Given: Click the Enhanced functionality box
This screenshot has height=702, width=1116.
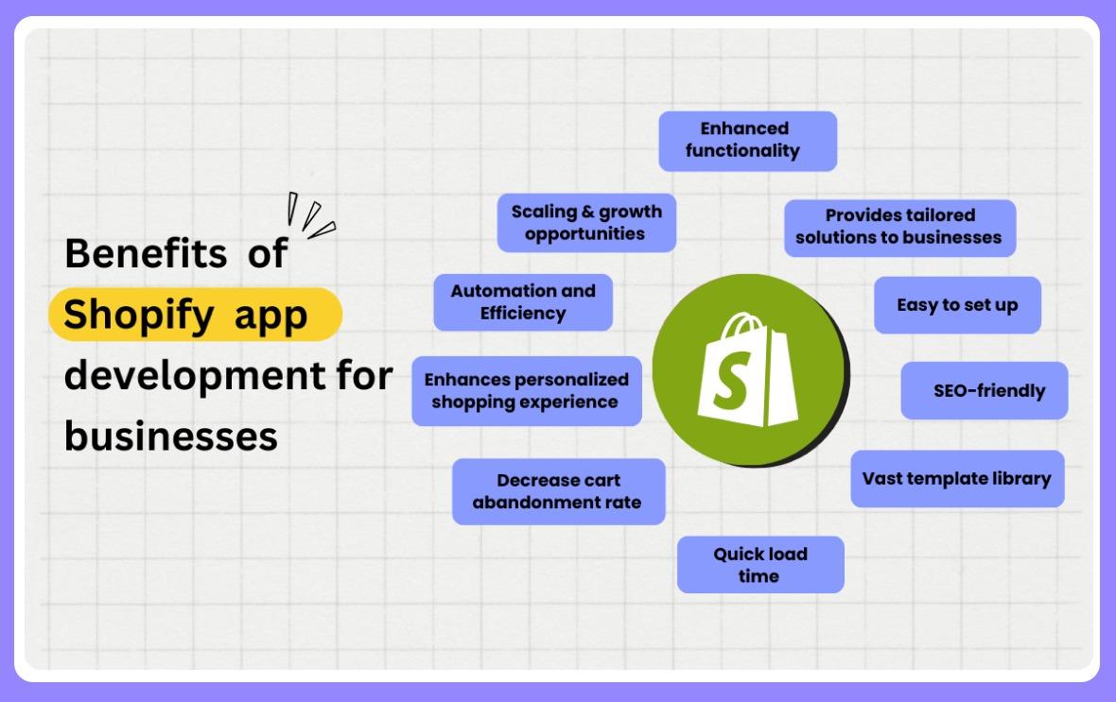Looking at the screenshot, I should [747, 140].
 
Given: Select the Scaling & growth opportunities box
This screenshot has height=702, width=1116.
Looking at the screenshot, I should [586, 222].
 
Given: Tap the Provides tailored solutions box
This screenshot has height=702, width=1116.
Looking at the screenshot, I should [898, 227].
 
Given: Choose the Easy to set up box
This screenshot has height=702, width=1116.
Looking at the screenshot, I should [957, 305].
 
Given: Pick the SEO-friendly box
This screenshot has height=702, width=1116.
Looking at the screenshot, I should [984, 390].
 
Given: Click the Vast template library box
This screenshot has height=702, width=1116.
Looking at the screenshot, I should [956, 478].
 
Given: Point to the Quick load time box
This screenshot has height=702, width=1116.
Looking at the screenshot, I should [759, 564].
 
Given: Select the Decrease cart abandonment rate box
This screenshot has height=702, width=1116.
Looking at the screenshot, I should [557, 491].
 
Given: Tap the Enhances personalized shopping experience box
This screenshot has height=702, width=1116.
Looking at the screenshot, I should [527, 390].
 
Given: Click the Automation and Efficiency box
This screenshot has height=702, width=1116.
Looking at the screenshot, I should [523, 301].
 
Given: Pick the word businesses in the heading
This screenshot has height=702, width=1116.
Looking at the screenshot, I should [170, 437].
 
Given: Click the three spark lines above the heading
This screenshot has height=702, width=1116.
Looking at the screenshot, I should [310, 215].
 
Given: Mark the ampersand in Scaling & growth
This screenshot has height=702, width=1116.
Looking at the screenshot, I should [584, 212].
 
